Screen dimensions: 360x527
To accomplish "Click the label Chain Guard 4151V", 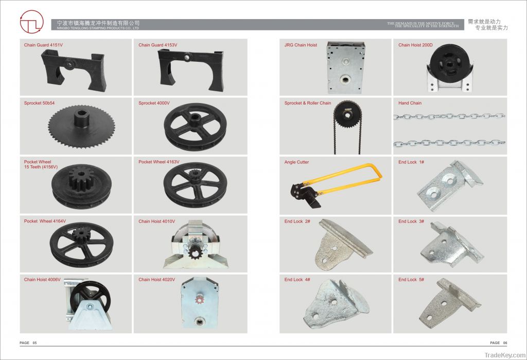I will (x=43, y=45).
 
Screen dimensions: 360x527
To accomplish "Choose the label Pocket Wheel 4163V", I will (x=159, y=162).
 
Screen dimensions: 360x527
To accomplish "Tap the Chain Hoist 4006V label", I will (x=42, y=280).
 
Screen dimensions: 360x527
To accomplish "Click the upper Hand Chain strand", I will (x=449, y=116).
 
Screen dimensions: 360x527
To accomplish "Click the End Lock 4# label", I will (x=297, y=280).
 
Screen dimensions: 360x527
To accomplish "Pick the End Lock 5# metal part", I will (x=447, y=301).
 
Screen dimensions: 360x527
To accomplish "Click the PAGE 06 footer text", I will (x=498, y=342).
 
